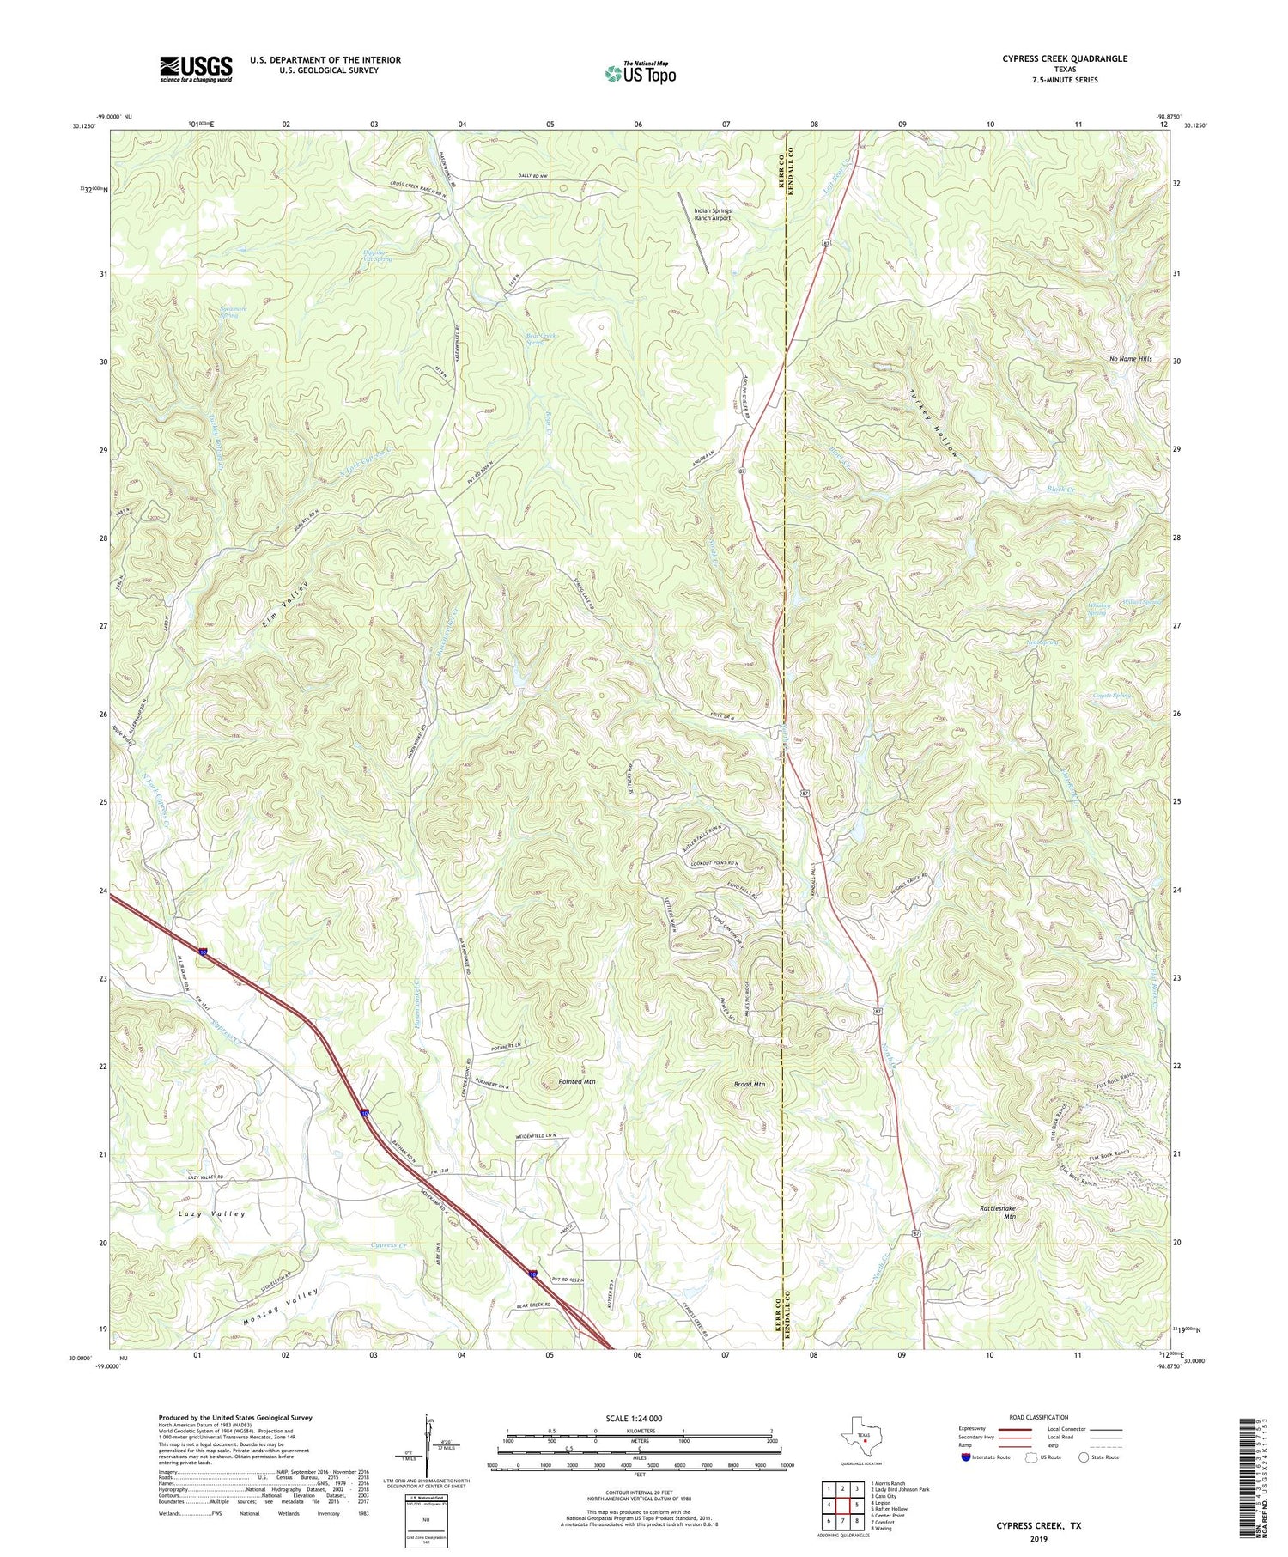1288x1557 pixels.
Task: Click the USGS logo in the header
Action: click(195, 69)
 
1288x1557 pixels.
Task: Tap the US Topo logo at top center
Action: click(640, 74)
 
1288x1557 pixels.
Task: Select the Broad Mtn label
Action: click(750, 1085)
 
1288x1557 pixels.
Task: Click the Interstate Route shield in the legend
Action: click(967, 1457)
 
